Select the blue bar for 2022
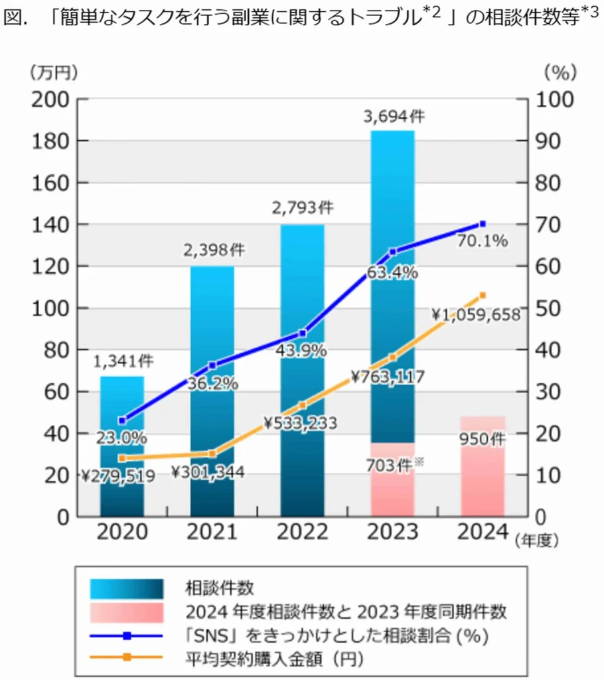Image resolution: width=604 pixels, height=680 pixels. tap(303, 279)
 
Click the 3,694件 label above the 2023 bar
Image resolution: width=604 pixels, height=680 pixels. tap(393, 117)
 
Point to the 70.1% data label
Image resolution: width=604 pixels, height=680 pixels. tap(483, 241)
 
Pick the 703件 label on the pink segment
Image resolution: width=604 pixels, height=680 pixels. tap(392, 465)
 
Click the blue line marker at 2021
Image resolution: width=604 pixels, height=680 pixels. tap(212, 365)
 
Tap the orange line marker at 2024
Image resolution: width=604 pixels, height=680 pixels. tap(483, 295)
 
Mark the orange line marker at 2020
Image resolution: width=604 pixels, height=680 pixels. tap(122, 458)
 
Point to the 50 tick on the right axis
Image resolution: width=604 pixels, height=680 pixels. tap(549, 308)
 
